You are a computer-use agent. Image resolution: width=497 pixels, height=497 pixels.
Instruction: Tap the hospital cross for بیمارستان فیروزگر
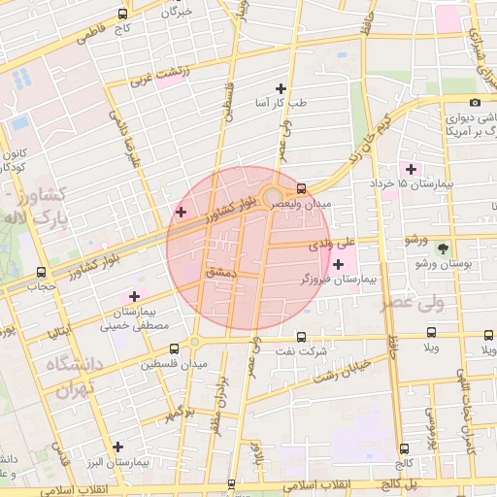coord(338,264)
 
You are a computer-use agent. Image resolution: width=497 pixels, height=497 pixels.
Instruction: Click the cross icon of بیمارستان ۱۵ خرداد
coord(411,169)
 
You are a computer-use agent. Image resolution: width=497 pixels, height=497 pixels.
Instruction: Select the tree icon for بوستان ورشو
coord(443,249)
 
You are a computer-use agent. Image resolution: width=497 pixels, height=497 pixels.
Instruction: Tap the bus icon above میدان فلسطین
coord(174,348)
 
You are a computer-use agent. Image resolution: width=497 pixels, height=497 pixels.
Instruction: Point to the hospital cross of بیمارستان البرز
coord(118,447)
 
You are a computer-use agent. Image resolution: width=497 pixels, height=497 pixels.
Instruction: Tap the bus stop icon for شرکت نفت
coord(301,337)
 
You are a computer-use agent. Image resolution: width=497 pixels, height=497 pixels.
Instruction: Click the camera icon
coord(475,102)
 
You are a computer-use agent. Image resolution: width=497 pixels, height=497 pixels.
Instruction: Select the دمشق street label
coord(221,275)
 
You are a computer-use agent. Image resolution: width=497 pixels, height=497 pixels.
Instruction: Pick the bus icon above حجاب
coord(41,273)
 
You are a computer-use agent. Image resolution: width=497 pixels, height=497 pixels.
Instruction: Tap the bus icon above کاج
coord(122,15)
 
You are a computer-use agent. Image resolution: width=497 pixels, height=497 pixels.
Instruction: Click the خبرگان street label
coord(179,13)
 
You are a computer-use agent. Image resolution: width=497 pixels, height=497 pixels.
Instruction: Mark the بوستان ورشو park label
coord(443,264)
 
